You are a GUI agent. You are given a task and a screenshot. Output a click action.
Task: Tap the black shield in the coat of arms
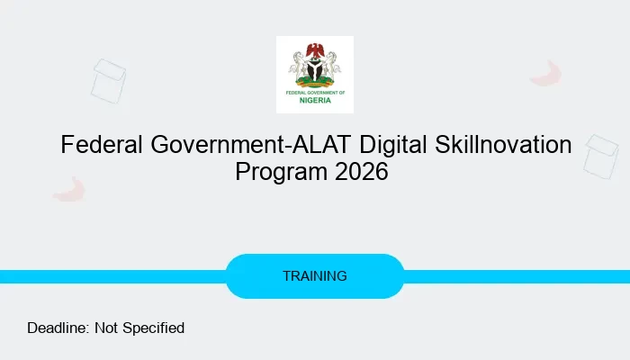(314, 67)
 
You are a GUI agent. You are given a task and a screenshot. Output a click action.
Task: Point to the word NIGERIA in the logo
(314, 100)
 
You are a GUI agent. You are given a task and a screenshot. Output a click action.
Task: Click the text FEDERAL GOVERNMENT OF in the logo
(314, 92)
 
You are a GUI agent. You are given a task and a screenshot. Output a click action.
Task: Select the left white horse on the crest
(299, 65)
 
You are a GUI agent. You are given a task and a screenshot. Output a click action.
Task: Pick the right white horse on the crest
(330, 65)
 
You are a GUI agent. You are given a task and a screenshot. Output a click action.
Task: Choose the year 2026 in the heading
(361, 171)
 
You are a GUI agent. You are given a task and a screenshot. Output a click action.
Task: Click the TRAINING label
(314, 276)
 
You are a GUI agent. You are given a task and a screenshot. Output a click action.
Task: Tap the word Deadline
(58, 328)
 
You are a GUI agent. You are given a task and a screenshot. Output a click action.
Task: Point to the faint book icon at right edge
(600, 155)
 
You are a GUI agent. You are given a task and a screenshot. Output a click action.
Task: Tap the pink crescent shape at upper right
(546, 74)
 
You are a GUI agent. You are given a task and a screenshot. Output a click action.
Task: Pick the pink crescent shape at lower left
(68, 189)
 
